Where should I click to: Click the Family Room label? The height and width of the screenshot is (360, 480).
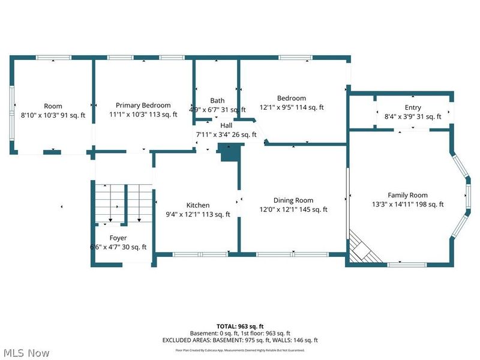tap(407, 195)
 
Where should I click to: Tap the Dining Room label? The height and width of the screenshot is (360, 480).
tap(293, 200)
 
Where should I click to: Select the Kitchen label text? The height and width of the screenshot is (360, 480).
tap(197, 205)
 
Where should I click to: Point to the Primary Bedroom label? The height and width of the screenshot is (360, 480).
tap(143, 105)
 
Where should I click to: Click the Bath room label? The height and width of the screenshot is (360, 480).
tap(217, 100)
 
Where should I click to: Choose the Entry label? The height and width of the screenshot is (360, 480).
tap(413, 108)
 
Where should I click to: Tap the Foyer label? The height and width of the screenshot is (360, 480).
tap(118, 238)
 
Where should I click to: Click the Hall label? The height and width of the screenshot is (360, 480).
tap(226, 125)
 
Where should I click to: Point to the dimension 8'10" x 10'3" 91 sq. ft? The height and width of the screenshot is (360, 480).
tap(53, 115)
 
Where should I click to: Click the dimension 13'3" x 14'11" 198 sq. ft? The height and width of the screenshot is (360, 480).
tap(407, 204)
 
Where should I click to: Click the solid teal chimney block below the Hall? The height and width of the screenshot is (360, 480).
tap(229, 154)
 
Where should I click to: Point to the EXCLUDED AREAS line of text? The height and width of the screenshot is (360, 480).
tap(240, 340)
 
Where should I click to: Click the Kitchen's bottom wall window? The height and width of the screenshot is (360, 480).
tap(192, 255)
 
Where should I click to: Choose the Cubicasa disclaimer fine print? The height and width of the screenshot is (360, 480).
tap(240, 350)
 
